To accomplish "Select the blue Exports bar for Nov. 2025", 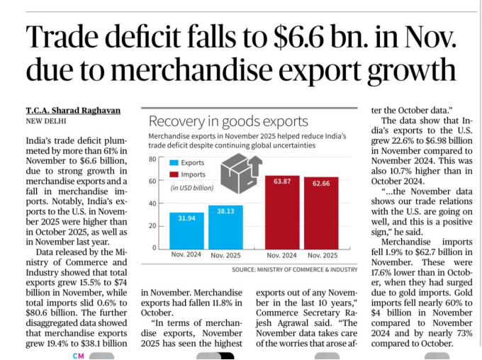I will [225, 226].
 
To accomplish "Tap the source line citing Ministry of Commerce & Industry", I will [294, 270].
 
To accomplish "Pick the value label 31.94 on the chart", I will [186, 218].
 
